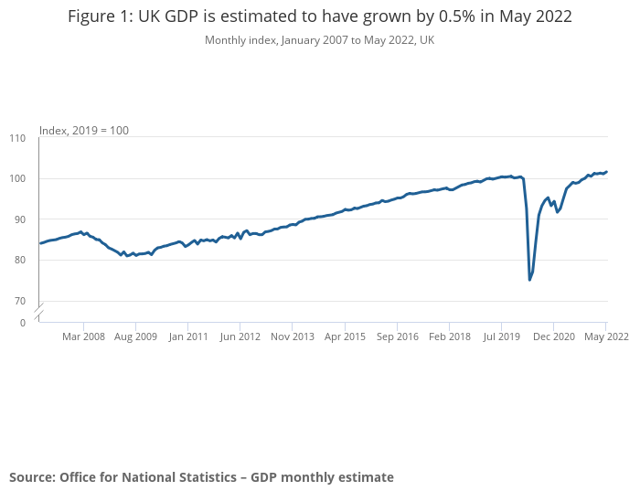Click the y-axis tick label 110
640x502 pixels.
click(x=17, y=138)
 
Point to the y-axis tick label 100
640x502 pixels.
click(x=17, y=178)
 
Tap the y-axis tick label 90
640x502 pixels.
click(x=19, y=219)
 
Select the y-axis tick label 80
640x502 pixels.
click(x=19, y=260)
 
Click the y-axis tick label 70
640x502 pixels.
click(x=19, y=301)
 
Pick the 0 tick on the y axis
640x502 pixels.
click(x=22, y=323)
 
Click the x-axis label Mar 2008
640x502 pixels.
click(x=83, y=336)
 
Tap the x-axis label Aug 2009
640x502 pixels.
click(x=135, y=336)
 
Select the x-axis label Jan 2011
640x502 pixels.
click(x=187, y=336)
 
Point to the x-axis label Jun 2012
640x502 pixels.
click(x=240, y=336)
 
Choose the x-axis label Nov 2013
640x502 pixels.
click(x=292, y=336)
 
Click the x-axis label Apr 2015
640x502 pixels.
click(x=345, y=336)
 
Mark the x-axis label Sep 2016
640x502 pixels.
click(x=397, y=336)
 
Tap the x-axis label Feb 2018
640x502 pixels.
click(x=449, y=336)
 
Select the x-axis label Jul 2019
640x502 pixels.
click(x=501, y=336)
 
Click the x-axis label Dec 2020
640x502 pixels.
click(x=554, y=336)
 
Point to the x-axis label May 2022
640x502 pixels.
click(x=606, y=336)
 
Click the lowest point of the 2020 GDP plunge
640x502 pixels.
click(x=530, y=280)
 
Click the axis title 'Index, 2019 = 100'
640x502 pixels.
click(x=84, y=131)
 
